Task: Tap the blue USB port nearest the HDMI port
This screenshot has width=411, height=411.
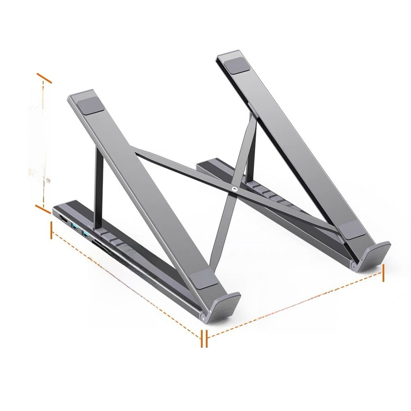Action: [x=75, y=227]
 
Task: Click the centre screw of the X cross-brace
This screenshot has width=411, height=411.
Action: [x=234, y=190]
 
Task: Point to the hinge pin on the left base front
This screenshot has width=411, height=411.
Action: [x=203, y=317]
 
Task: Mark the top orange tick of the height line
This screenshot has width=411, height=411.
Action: [x=44, y=78]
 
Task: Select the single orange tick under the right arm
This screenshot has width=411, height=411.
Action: [x=383, y=272]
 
